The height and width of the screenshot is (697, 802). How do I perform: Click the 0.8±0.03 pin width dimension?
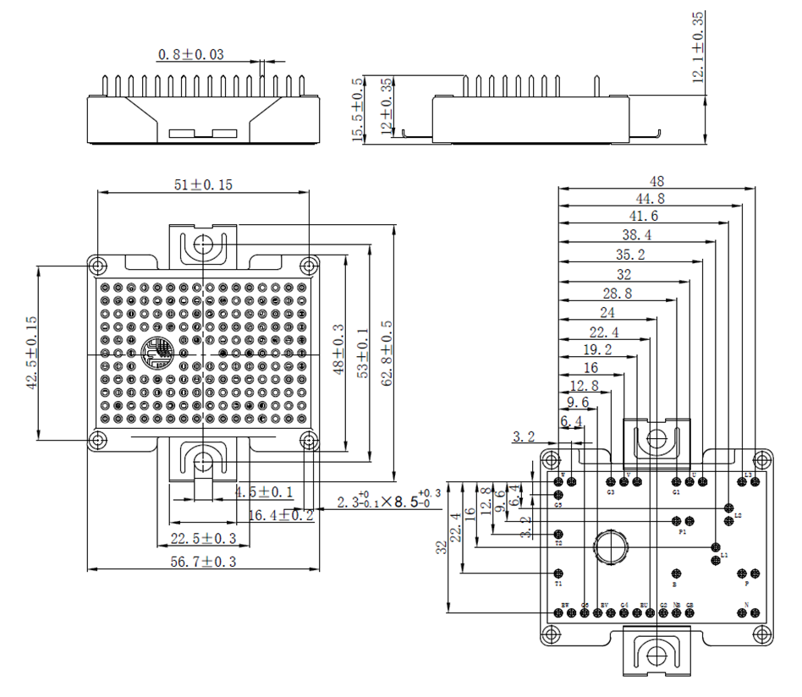(191, 55)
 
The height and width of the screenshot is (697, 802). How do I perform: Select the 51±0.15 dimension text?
(202, 185)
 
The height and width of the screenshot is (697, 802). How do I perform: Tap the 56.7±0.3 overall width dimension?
(202, 561)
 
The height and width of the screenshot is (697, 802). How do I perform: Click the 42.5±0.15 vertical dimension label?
(31, 350)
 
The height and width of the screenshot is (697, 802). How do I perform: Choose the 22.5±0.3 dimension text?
(203, 539)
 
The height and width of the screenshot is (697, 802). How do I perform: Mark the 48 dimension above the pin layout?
(656, 181)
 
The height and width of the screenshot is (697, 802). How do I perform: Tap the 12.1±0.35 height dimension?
(699, 47)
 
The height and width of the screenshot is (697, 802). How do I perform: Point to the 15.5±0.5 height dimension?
(359, 110)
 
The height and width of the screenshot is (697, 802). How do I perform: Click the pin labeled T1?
(558, 573)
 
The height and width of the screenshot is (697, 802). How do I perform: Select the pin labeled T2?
(558, 534)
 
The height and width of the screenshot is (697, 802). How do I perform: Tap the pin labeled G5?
(558, 494)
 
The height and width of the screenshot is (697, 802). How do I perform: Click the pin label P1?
(682, 533)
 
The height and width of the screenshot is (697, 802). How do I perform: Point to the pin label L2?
(738, 515)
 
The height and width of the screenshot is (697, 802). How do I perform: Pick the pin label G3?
(610, 491)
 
